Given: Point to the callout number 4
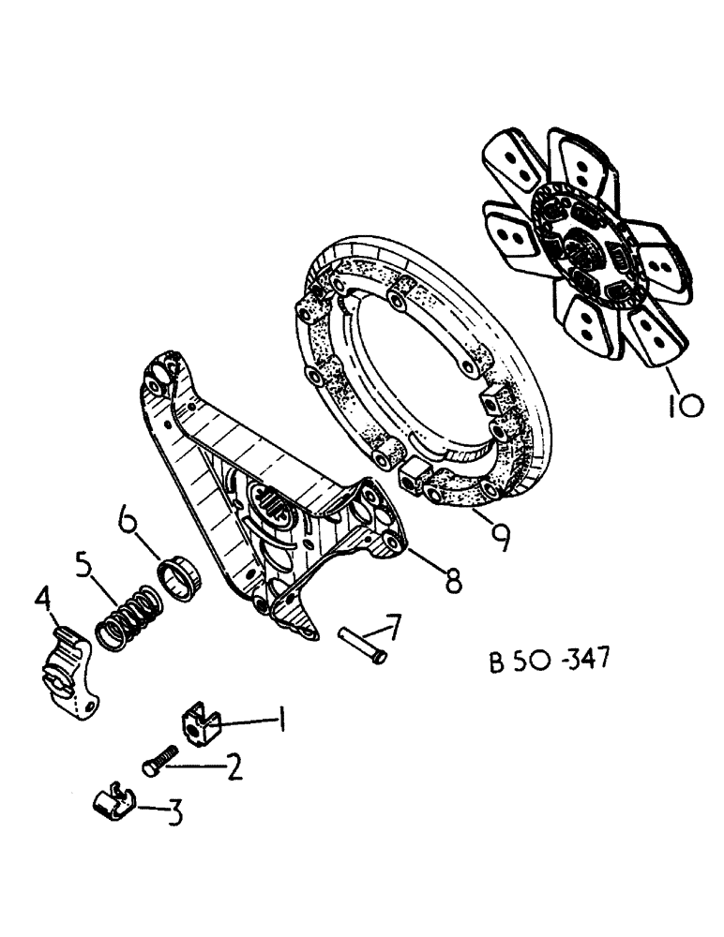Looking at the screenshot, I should pos(42,597).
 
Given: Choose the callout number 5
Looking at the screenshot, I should pos(84,565).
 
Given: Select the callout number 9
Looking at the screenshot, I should pos(501,535).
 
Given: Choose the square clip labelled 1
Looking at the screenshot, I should pos(198,722).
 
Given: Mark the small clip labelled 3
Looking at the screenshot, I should pos(113,802).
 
